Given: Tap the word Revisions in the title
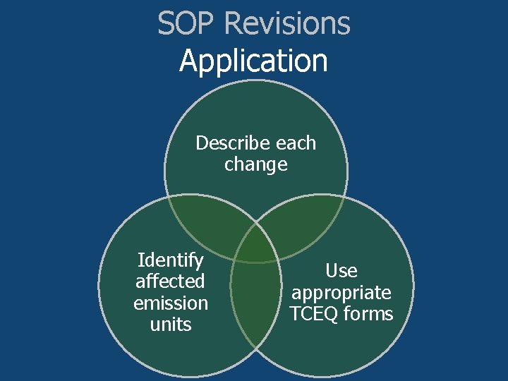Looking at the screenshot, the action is (286, 23).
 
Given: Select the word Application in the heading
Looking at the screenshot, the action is (254, 61).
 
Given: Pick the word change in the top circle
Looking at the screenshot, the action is (255, 164).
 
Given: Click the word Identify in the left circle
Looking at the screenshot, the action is (171, 260).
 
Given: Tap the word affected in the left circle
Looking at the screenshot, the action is (170, 282).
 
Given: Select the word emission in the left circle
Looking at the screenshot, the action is (171, 303).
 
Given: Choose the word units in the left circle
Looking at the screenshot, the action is (171, 324).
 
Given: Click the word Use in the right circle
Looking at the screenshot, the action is (341, 271).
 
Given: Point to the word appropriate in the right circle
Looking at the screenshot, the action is (341, 292).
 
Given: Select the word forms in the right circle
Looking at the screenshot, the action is (368, 313).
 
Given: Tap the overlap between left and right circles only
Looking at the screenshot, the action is (255, 310).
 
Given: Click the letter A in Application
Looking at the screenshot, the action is (188, 61).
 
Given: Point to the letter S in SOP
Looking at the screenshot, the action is (166, 23).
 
